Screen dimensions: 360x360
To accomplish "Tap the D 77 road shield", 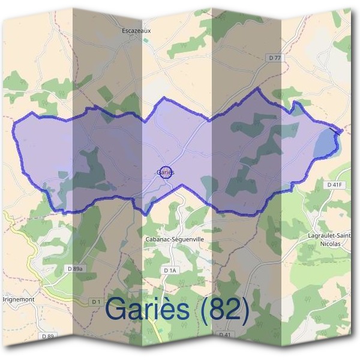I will [x=274, y=57].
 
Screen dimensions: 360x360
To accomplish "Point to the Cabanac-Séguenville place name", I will [x=175, y=239].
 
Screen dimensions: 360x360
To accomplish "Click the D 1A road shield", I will [x=170, y=271].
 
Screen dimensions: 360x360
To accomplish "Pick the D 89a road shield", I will [x=74, y=268].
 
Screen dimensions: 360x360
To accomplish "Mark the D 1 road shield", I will [x=95, y=301].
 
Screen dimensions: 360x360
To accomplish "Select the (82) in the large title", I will [x=225, y=311].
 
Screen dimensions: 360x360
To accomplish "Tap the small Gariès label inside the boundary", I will [x=163, y=172].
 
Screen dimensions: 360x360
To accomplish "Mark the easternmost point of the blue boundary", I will [x=343, y=130].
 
